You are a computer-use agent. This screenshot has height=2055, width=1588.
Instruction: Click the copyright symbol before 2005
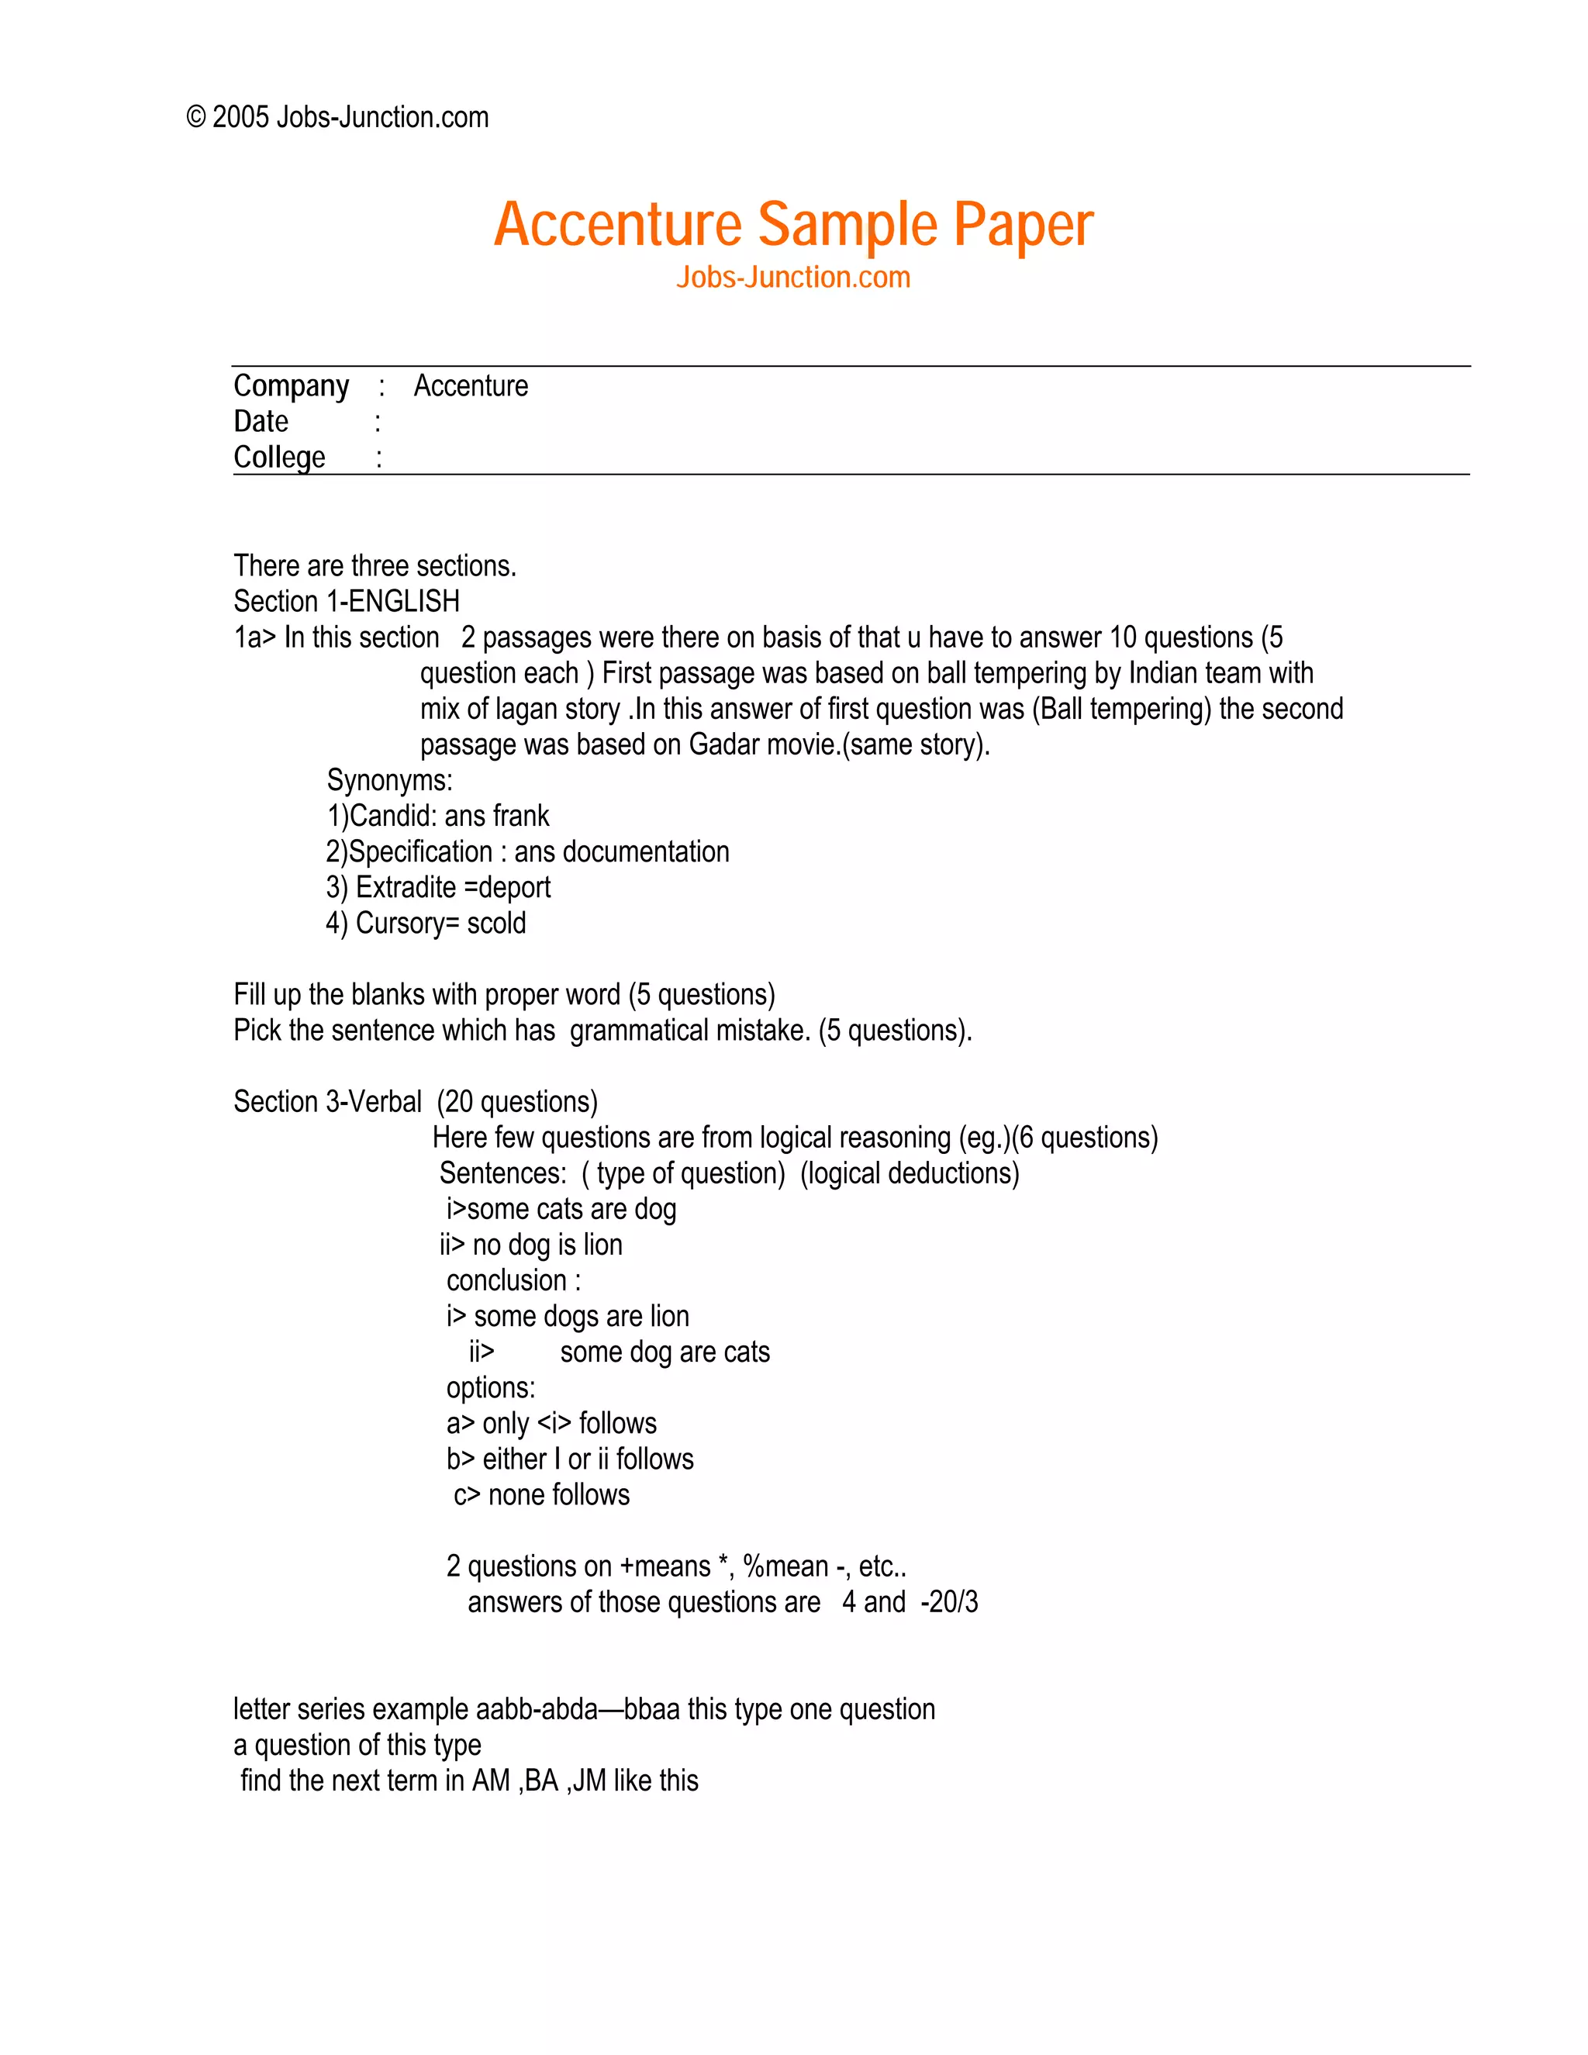point(195,118)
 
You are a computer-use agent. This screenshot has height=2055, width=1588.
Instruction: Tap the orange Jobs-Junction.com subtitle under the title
point(793,278)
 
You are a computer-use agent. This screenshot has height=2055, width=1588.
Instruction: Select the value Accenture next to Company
point(471,385)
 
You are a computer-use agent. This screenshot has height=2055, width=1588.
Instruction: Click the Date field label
point(261,422)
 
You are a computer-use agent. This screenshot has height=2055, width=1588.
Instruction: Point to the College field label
point(279,458)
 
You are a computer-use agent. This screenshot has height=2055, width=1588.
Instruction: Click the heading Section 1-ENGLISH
point(346,601)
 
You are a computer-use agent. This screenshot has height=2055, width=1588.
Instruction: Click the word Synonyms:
point(389,780)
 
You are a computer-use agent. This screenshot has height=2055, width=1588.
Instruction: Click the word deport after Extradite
point(515,887)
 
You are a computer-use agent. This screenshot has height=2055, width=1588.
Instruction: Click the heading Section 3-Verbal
point(327,1102)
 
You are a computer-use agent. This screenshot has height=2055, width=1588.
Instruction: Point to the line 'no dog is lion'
point(531,1245)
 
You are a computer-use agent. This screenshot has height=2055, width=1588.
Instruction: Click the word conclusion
point(506,1280)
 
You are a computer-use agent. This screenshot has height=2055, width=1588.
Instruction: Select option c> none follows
point(542,1495)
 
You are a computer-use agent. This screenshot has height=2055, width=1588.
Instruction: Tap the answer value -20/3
point(949,1602)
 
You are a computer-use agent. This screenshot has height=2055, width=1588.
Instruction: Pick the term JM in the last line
point(589,1781)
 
